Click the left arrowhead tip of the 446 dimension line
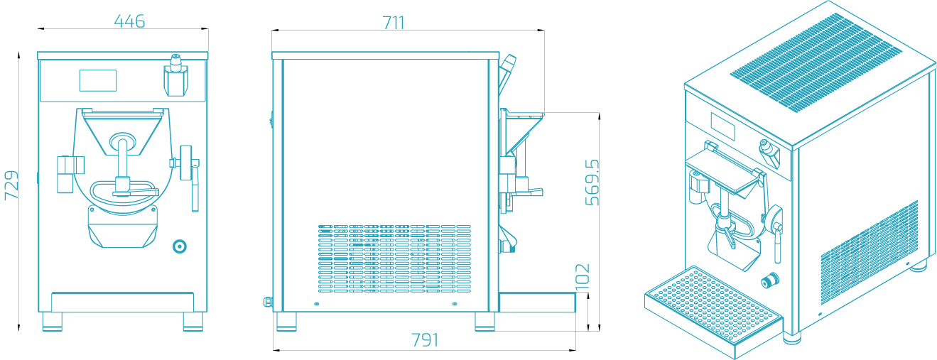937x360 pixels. click(x=38, y=29)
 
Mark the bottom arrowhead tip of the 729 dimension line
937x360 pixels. click(x=18, y=331)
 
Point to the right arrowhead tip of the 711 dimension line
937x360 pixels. click(x=544, y=30)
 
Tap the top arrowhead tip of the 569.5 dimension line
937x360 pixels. click(x=600, y=113)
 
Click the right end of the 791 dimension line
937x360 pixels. click(x=575, y=350)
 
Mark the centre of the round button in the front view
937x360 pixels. click(x=180, y=246)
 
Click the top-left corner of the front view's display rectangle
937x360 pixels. click(x=80, y=70)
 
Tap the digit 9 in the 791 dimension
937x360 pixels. click(x=426, y=340)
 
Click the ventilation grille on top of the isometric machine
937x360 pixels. click(x=816, y=62)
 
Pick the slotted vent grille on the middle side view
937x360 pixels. click(x=394, y=258)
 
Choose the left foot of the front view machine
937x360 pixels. click(x=53, y=322)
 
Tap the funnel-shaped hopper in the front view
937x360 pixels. click(x=123, y=131)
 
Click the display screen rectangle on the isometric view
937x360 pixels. click(x=723, y=126)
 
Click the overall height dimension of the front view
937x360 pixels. click(x=11, y=185)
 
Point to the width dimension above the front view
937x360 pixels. click(x=130, y=21)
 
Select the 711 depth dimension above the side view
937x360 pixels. click(x=394, y=23)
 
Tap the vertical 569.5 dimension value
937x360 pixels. click(x=592, y=182)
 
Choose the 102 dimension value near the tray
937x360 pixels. click(x=583, y=277)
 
